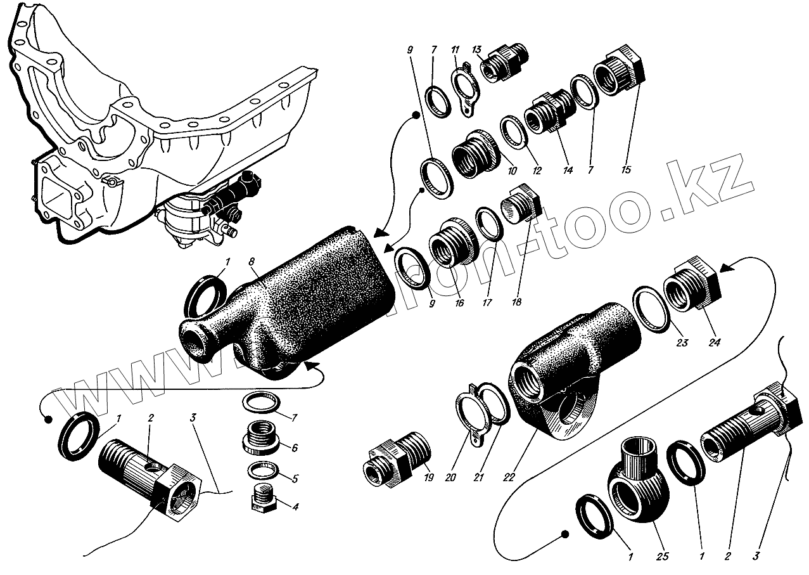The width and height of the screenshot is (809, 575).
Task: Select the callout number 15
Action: (627, 171)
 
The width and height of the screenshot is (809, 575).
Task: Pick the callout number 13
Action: (476, 50)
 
